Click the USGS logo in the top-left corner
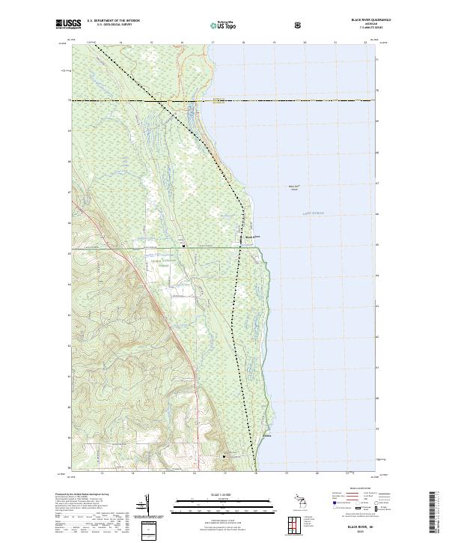coord(68,25)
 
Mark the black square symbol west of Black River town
coord(183,246)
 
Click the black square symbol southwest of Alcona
coord(223,455)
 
